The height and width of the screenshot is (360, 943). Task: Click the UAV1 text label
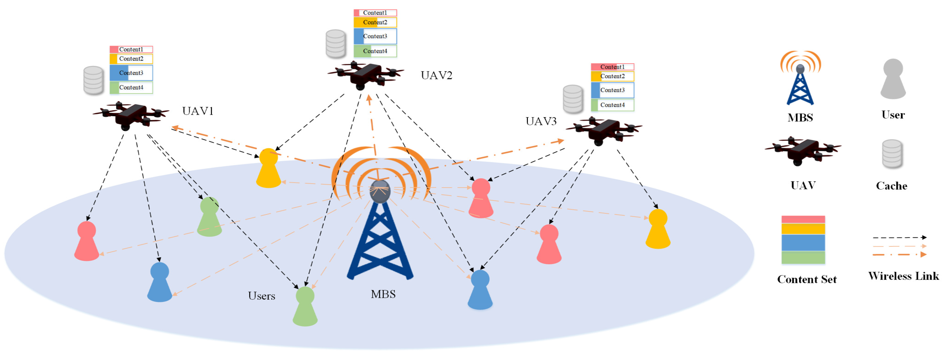(198, 111)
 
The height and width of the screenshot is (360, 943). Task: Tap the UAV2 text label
(436, 76)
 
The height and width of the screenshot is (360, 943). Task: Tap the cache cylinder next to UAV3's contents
(573, 99)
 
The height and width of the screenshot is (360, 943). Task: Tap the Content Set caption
(806, 279)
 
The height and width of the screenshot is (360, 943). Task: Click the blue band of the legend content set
(803, 242)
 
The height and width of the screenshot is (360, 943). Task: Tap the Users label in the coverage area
(261, 296)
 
